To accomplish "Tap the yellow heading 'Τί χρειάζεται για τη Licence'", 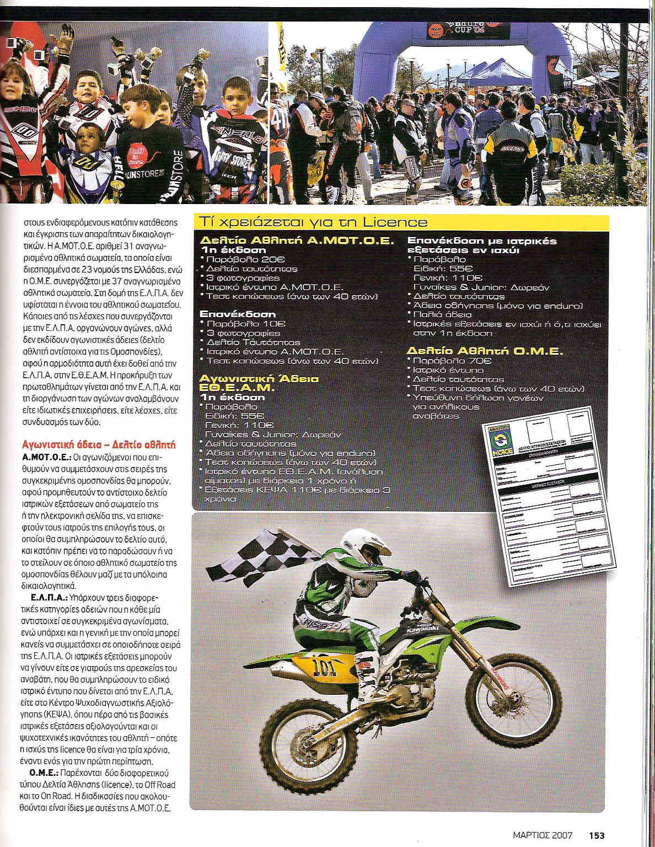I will [314, 222].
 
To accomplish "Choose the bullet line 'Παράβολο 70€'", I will [452, 361].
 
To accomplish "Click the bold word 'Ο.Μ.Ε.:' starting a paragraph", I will [44, 772].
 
